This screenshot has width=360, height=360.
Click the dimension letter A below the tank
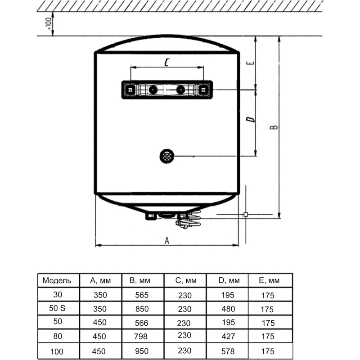(166, 240)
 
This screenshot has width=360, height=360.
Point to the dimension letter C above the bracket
(166, 63)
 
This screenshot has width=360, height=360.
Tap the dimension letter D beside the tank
(251, 119)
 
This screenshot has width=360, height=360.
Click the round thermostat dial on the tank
(166, 156)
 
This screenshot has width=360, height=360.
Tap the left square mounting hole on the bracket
(130, 90)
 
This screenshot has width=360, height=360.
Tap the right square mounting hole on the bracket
(204, 90)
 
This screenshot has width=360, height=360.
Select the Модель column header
(57, 281)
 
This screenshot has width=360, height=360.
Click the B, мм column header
(139, 281)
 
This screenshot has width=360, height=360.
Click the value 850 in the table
(142, 309)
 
